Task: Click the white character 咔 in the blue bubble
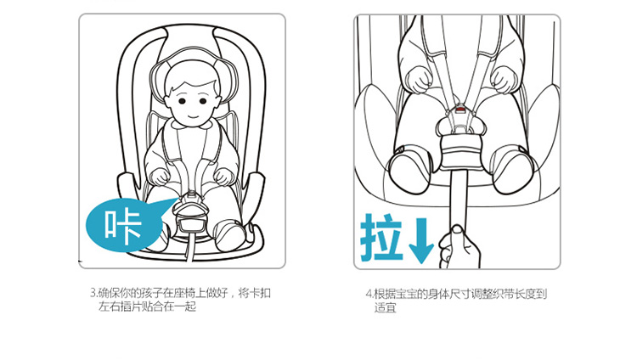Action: [x=122, y=226]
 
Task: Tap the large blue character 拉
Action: [x=381, y=237]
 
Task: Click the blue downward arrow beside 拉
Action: [x=421, y=240]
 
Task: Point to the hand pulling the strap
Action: [x=459, y=247]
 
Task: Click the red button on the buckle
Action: [x=460, y=109]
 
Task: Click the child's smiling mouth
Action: [x=193, y=116]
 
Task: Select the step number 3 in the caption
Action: [x=93, y=293]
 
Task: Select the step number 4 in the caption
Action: [x=369, y=294]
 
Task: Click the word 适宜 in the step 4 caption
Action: [x=385, y=307]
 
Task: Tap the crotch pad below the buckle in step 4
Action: [x=460, y=152]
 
